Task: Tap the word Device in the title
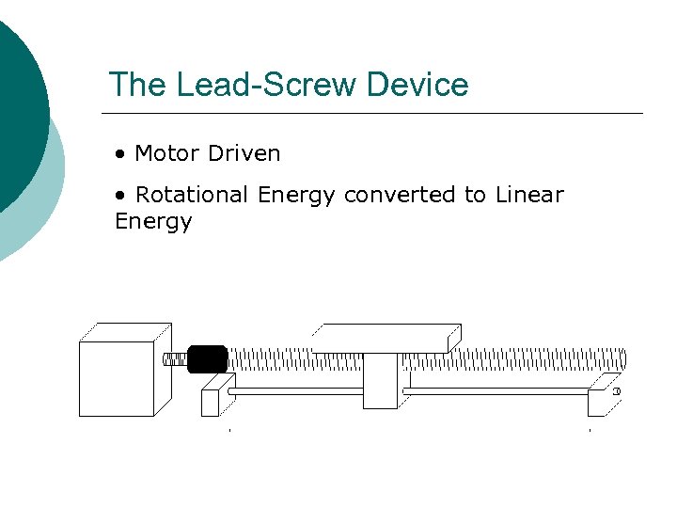pos(417,85)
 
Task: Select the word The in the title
pos(135,85)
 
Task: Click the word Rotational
pos(193,195)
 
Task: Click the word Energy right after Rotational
pos(295,195)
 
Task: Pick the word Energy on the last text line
pos(153,222)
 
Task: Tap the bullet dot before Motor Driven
pos(120,153)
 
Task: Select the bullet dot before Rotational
pos(120,196)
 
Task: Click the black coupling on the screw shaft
pos(207,358)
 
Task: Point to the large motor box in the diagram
pos(117,377)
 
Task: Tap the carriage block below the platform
pos(381,381)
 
